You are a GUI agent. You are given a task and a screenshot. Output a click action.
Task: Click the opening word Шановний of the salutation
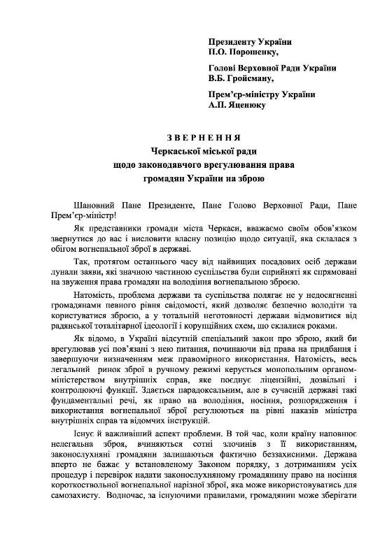[72, 205]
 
